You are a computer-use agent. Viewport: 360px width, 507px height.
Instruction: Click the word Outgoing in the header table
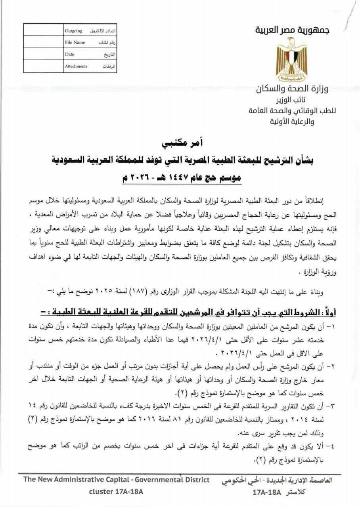[73, 30]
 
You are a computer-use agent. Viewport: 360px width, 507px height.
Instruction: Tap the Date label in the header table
[70, 54]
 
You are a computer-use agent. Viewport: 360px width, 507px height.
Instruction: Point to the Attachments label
[76, 66]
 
